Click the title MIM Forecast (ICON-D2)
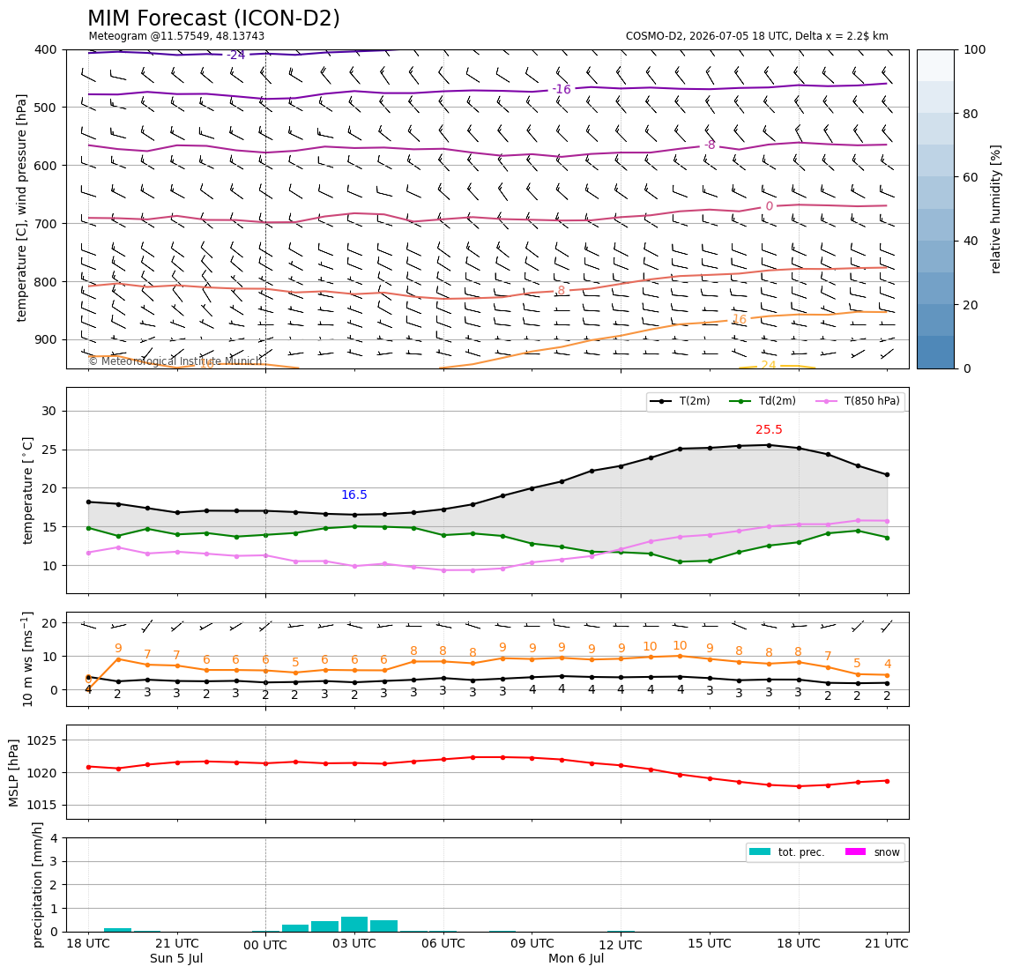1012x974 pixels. point(213,19)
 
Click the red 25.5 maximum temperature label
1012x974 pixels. point(769,430)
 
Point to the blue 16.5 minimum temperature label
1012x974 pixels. point(354,495)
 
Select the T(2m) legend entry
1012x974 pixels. point(681,401)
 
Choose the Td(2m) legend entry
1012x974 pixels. point(763,401)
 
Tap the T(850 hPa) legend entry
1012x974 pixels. point(858,401)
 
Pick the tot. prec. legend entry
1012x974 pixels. point(786,852)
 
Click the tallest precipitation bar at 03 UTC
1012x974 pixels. point(354,925)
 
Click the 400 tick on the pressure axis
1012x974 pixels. point(47,49)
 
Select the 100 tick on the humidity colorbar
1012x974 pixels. point(974,49)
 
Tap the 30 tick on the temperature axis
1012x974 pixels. point(50,411)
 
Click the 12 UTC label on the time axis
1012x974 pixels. point(621,945)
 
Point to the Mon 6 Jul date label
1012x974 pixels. point(577,958)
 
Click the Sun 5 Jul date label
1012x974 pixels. point(176,958)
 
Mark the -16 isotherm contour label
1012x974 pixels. point(562,90)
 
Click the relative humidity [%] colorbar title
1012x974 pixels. point(996,210)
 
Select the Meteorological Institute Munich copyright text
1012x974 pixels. point(175,361)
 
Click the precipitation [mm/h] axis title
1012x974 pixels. point(37,885)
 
